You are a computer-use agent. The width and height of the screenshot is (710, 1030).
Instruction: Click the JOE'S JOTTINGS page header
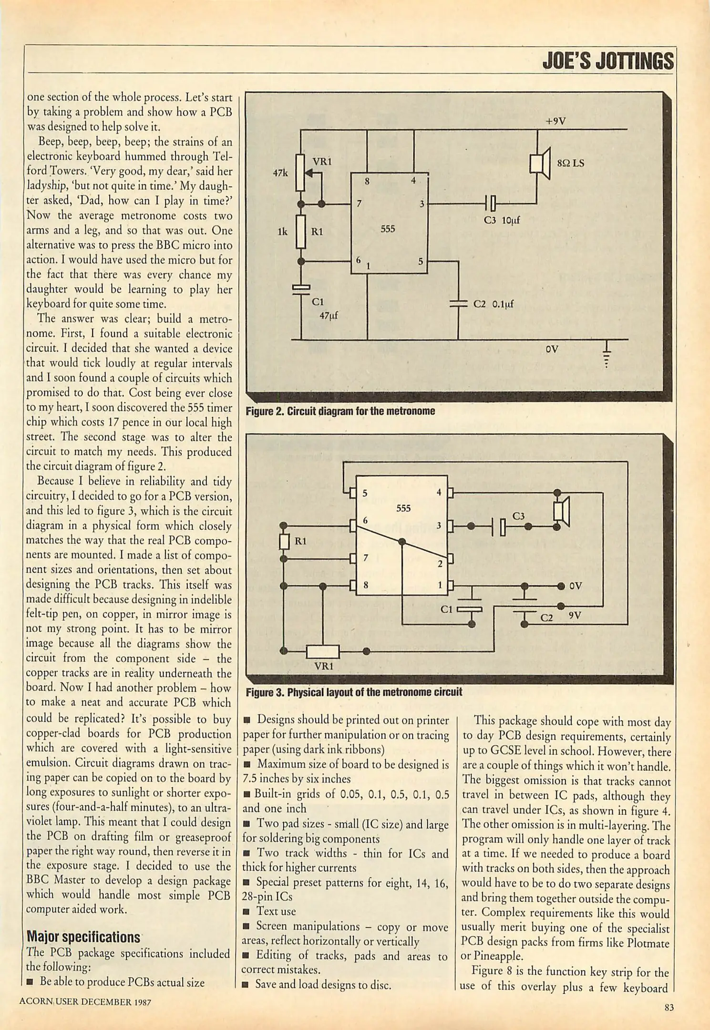(607, 61)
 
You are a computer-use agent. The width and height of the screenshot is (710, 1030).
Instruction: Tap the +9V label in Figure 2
(556, 121)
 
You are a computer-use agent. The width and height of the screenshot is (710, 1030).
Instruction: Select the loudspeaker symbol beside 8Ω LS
(540, 163)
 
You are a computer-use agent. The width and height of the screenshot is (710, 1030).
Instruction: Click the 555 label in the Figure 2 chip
(388, 229)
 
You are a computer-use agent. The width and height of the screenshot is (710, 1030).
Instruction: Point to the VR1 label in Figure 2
(322, 162)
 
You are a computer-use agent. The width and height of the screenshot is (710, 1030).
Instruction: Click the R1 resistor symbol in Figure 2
(301, 231)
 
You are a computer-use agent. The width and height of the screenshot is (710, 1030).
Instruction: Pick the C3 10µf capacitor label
(501, 220)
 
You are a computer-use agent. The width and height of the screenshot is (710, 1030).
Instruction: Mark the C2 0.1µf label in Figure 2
(493, 304)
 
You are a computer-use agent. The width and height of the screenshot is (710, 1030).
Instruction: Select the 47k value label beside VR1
(280, 173)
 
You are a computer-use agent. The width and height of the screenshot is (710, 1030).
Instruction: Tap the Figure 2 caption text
(340, 411)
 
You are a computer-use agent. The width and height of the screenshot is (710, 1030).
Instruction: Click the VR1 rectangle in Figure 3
(323, 651)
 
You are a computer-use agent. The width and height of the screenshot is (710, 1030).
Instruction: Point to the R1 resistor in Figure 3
(284, 542)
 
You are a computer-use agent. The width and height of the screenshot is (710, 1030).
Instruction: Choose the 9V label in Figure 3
(575, 616)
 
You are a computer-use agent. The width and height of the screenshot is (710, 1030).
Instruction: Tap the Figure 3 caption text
(353, 692)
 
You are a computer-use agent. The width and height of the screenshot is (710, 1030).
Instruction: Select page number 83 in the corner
(669, 1007)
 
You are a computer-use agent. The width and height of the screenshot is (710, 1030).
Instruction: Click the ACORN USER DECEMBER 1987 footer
(85, 1002)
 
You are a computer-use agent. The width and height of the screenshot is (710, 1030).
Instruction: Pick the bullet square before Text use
(247, 912)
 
